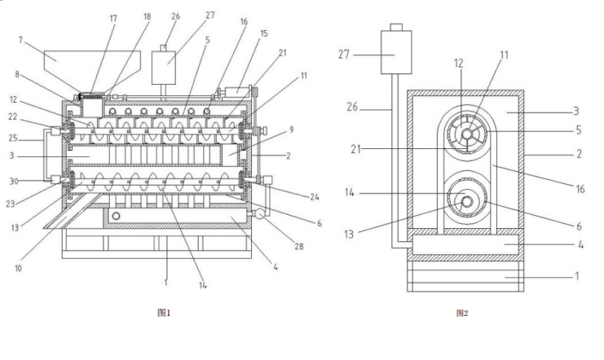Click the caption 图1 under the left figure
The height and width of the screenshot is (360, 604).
[164, 311]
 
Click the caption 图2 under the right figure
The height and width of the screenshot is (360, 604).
[462, 312]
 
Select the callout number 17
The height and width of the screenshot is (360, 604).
[113, 18]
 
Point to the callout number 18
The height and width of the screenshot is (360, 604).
[147, 18]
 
